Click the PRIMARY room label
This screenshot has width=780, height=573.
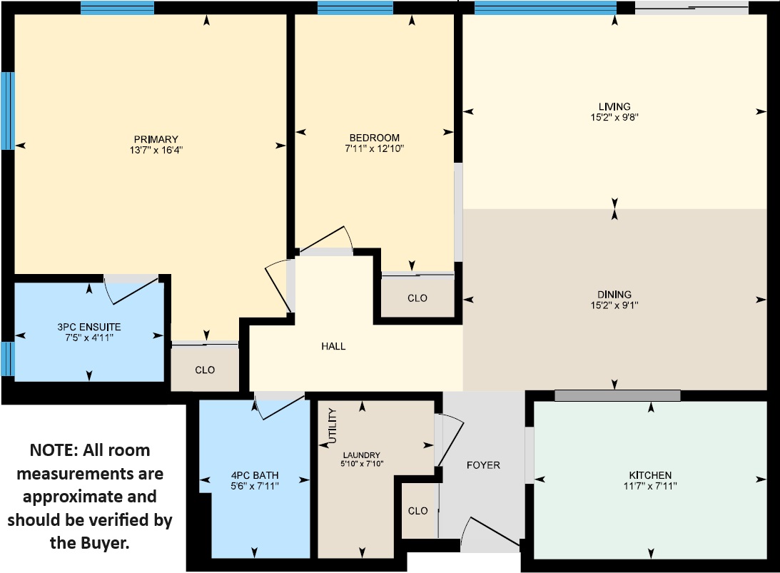(x=156, y=139)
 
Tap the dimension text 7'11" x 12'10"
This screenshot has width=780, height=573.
(x=374, y=148)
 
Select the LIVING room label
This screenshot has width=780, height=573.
(x=614, y=106)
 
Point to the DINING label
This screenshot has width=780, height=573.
(x=614, y=295)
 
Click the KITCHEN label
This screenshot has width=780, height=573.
(x=650, y=475)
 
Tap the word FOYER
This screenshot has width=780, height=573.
(x=483, y=465)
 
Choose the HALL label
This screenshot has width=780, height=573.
(x=333, y=346)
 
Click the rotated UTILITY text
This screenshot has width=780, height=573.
(x=333, y=426)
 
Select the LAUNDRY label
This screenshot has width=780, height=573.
(x=362, y=455)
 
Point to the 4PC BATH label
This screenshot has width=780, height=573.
(x=255, y=475)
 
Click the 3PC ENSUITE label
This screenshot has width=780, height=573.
(x=89, y=327)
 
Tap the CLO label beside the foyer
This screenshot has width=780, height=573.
(x=418, y=511)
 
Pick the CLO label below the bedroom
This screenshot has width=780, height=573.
(x=417, y=298)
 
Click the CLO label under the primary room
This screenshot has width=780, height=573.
(x=205, y=370)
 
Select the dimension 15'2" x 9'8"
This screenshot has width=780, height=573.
(x=614, y=118)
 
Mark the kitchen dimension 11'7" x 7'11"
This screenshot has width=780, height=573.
(x=650, y=486)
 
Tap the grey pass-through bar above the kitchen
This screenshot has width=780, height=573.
(x=617, y=395)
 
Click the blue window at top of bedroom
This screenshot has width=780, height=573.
(x=355, y=9)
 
